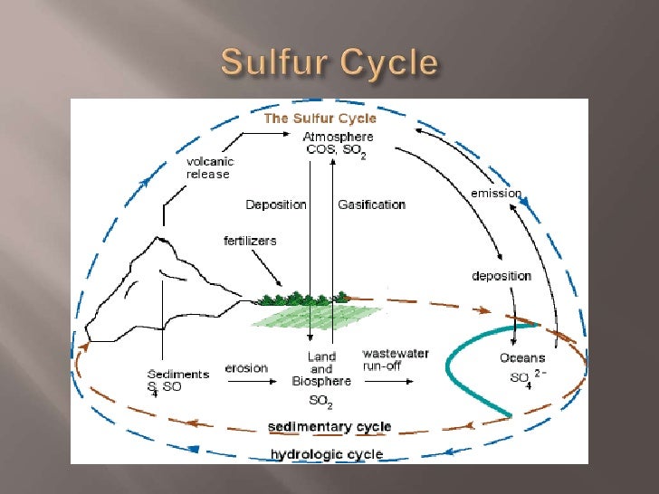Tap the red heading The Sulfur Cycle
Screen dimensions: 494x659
(320, 119)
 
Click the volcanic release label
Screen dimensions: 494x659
(209, 167)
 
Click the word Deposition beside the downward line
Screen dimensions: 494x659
(276, 204)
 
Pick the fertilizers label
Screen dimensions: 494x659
(250, 241)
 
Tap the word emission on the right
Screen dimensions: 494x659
(496, 193)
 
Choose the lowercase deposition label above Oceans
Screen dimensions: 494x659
(502, 275)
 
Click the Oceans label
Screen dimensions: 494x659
(522, 358)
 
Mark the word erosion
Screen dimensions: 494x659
(246, 367)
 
